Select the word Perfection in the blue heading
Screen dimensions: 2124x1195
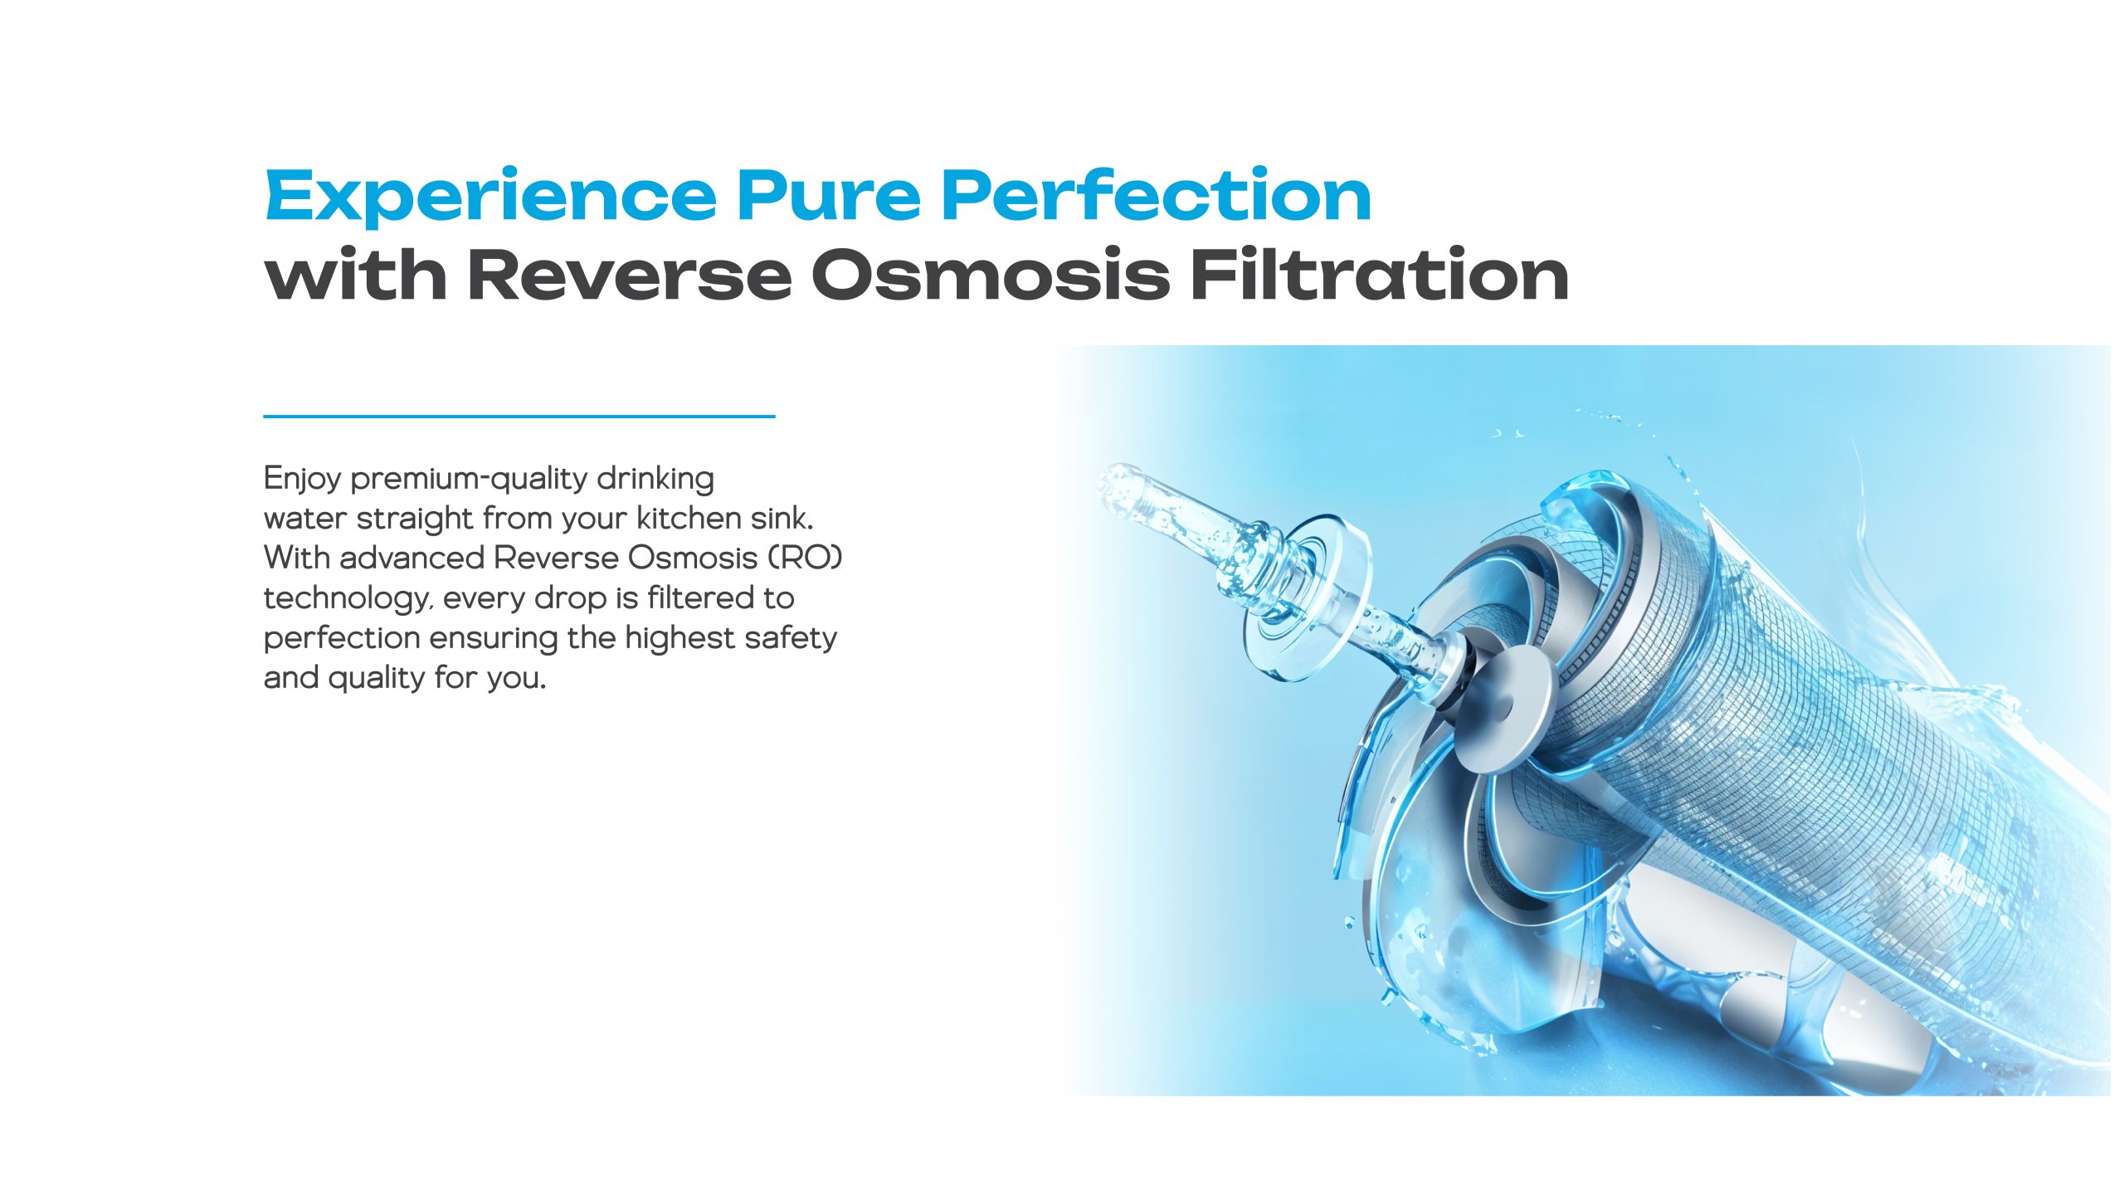coord(1156,194)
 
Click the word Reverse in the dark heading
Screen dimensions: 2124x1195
coord(630,275)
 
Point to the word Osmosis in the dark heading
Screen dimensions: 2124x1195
coord(991,274)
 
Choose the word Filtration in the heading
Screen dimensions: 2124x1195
coord(1380,273)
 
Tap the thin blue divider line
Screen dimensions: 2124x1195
coord(519,416)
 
